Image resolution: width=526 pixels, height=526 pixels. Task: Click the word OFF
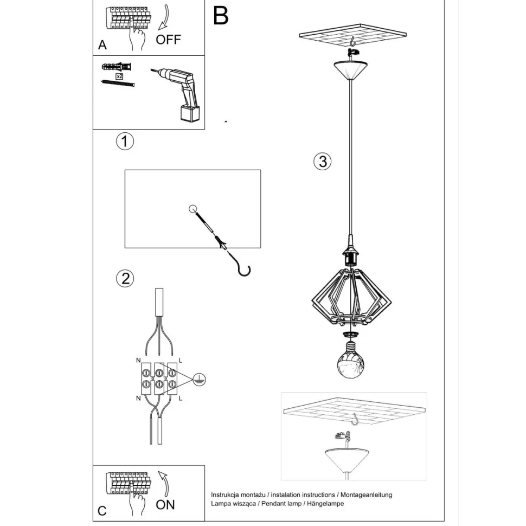169,40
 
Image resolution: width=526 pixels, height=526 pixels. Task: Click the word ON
165,505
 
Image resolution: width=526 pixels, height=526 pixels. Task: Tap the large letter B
221,15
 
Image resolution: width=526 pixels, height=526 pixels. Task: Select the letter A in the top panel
102,45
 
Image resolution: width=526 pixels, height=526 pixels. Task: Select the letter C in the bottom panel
102,511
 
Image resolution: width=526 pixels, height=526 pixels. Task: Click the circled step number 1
125,141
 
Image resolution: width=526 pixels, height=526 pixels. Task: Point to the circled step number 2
125,278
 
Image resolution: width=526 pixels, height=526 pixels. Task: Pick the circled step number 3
322,162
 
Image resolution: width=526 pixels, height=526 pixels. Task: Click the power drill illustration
178,92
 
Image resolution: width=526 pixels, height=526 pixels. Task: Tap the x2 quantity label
119,76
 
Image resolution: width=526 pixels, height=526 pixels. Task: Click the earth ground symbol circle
199,380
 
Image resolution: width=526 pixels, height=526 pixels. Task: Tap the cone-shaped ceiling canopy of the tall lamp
350,70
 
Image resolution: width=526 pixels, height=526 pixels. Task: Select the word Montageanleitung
367,495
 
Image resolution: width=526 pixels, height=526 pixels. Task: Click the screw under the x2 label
118,83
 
